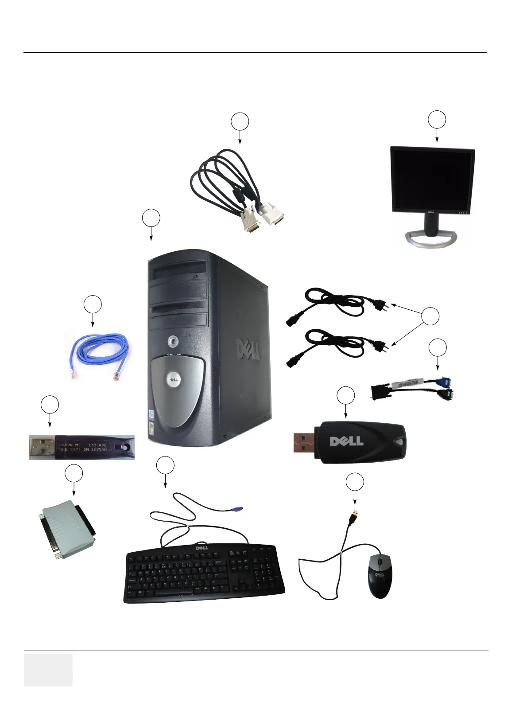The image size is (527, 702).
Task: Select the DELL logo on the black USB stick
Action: pos(346,441)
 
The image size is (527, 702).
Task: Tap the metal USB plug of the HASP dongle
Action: pos(42,447)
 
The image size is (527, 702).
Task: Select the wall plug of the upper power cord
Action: pos(380,305)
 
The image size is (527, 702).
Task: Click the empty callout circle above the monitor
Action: pos(437,120)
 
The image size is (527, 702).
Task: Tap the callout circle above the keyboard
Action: pos(165,465)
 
